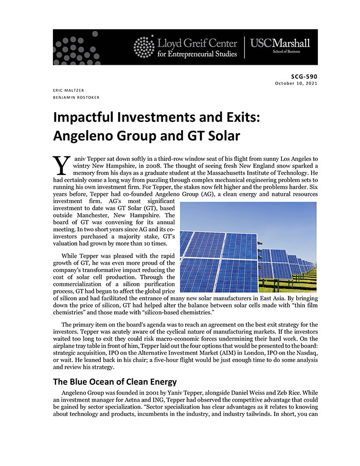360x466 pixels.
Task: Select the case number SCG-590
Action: click(x=304, y=76)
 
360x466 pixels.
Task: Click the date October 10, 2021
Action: click(x=296, y=83)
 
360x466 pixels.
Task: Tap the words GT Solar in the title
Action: click(x=212, y=137)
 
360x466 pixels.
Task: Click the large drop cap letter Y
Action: click(x=62, y=165)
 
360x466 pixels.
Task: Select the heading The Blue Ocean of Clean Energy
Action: click(x=115, y=382)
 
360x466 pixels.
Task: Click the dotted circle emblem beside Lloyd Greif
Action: click(x=143, y=46)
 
